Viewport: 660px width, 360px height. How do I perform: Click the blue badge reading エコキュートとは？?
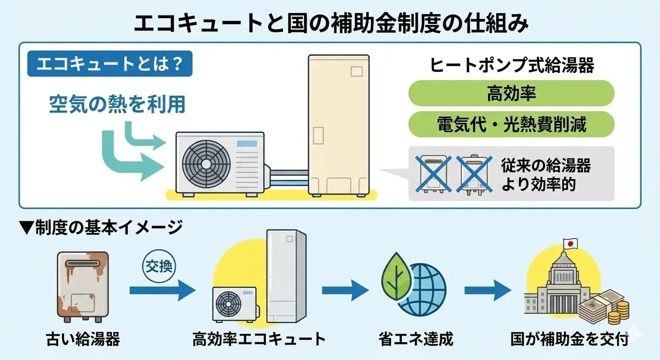coord(110,64)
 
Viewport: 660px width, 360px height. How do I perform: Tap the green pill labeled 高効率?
coord(511,93)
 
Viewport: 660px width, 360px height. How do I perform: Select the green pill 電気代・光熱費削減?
coord(511,124)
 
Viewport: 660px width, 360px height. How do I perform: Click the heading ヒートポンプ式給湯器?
coord(512,66)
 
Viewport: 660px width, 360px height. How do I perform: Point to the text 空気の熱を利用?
coord(117,104)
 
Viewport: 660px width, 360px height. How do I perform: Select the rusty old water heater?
coord(83,286)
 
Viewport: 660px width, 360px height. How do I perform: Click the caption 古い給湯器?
coord(83,338)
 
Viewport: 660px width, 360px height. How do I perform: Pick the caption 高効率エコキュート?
coord(259,338)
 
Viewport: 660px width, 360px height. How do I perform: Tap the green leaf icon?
coord(397,276)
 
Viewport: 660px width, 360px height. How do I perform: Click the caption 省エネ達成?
coord(416,338)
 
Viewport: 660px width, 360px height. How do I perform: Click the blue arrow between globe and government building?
coord(487,291)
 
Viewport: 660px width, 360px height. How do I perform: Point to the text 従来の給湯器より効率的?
coord(546,174)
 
